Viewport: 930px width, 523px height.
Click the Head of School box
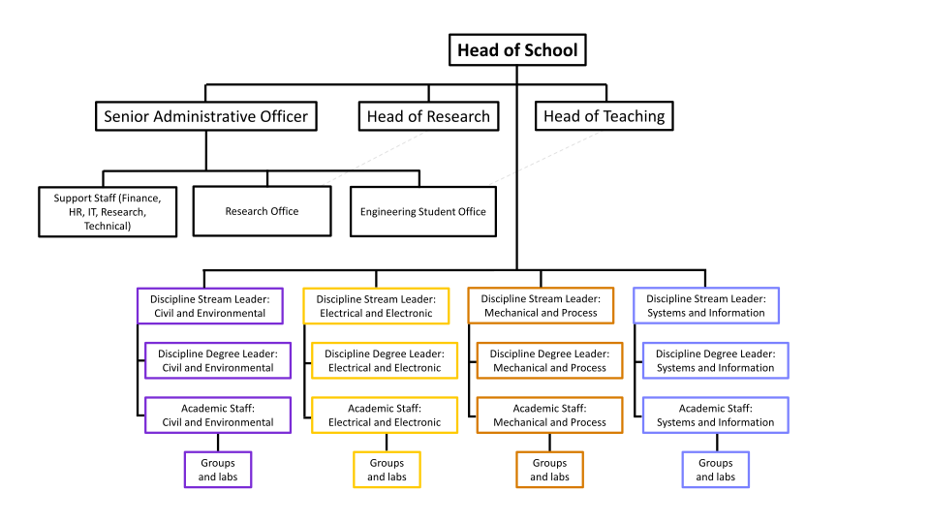pos(517,50)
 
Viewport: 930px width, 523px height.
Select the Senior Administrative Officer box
pos(205,117)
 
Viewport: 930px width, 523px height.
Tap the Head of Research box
pos(428,117)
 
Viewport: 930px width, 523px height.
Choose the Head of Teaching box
pos(604,117)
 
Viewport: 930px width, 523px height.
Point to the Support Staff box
pos(108,211)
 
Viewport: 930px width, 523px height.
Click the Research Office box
pos(262,211)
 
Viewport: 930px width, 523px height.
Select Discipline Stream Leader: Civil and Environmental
pos(209,306)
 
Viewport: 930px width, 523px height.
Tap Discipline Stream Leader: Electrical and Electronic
pos(376,306)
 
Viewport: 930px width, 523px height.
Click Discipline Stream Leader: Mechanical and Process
pos(541,306)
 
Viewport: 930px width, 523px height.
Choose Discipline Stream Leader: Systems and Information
pos(706,306)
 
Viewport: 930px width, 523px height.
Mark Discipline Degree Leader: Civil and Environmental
pos(218,360)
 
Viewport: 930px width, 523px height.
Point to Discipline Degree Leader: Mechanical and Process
pos(549,360)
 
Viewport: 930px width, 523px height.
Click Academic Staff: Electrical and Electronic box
pos(385,415)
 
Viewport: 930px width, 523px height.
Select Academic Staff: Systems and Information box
pos(716,415)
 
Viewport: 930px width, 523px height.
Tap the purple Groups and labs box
pos(218,470)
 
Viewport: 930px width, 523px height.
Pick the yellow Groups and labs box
pos(387,470)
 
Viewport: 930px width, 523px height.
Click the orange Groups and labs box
pos(549,470)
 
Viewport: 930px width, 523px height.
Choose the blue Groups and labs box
pos(716,470)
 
